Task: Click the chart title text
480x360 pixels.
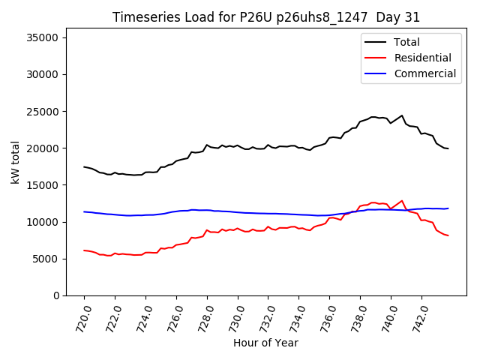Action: click(x=266, y=17)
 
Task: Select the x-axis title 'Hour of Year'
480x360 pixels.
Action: click(x=265, y=343)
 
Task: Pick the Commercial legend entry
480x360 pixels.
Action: click(x=424, y=73)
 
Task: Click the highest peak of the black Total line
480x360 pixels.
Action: click(x=402, y=115)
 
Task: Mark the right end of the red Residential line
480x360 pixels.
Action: click(x=448, y=235)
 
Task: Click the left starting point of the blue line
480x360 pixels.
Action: click(x=84, y=211)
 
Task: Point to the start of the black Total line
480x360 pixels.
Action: click(x=84, y=166)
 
